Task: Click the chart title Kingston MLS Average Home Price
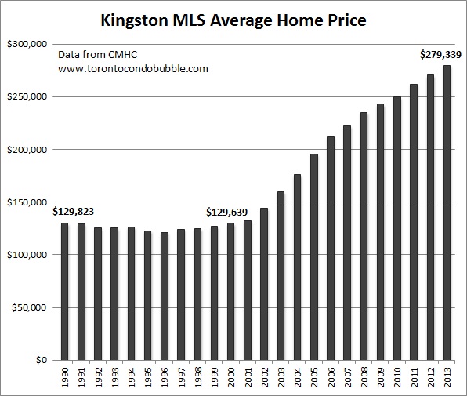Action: coord(233,19)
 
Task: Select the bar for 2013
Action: coord(447,213)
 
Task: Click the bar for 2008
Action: coord(364,236)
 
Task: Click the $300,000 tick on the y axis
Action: coord(27,44)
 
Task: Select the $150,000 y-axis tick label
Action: coord(27,202)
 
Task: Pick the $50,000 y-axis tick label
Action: coord(29,308)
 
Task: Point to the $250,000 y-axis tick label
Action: coord(27,97)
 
